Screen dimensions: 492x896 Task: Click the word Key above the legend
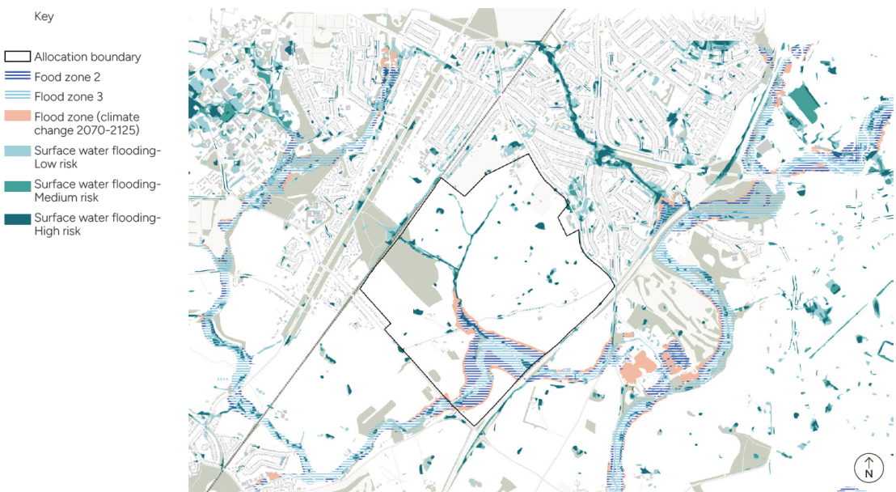pos(44,16)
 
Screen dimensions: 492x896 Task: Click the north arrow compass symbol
pos(869,467)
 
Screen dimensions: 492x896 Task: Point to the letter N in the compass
pos(869,473)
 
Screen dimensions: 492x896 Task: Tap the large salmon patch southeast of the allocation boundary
pos(640,368)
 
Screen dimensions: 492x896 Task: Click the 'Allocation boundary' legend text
pos(87,57)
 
